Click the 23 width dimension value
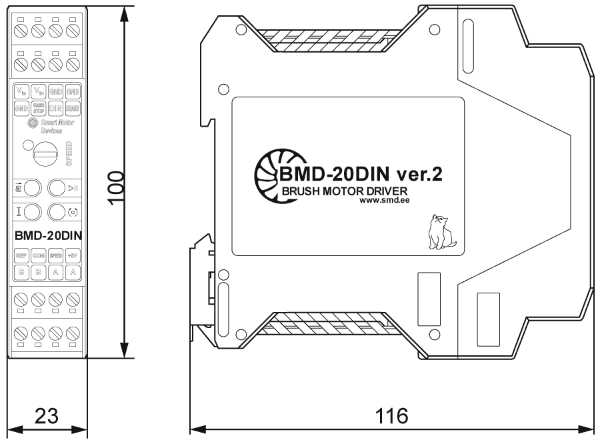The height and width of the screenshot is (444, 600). point(47,416)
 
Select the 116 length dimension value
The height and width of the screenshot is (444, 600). point(391,416)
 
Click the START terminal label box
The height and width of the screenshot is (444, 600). point(73,107)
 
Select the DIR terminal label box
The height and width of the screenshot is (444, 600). point(55,107)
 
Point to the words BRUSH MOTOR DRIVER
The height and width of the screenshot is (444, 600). point(344,192)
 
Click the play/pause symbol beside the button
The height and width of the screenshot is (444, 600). point(73,188)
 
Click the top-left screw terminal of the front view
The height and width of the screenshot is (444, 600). point(21,30)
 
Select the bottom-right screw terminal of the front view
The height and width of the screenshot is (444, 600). point(73,332)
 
